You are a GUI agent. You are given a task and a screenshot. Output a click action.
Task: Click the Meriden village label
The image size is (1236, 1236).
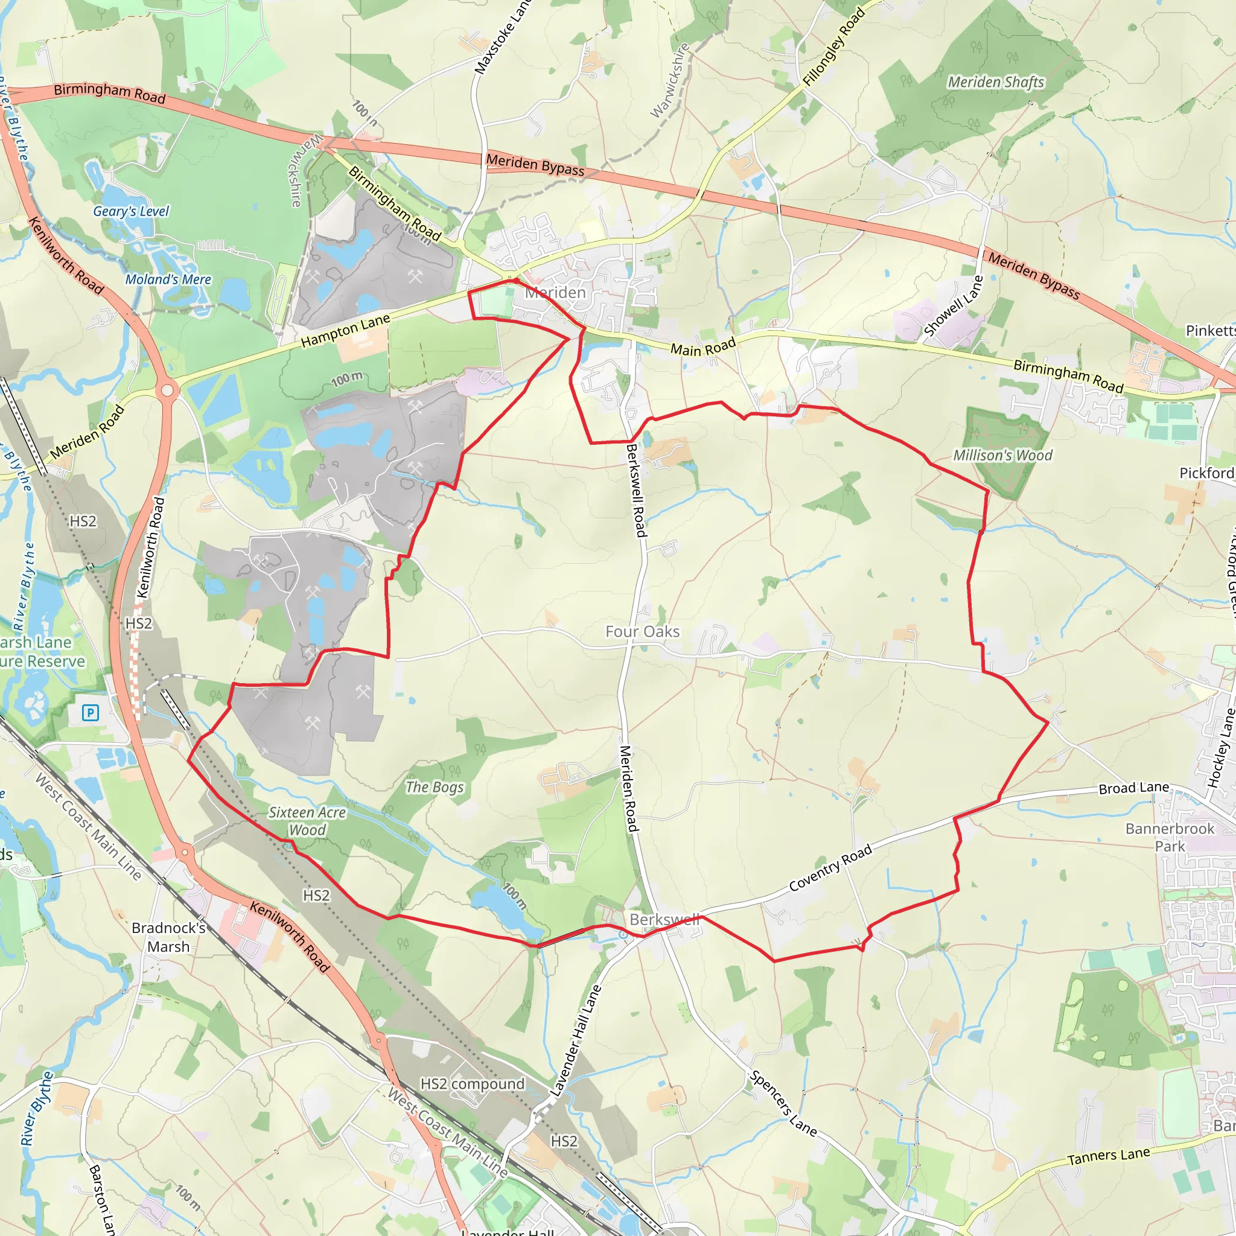click(555, 293)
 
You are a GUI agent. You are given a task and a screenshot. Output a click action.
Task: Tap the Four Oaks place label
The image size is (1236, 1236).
click(642, 631)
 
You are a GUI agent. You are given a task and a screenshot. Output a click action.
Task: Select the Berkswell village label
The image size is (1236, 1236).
click(664, 919)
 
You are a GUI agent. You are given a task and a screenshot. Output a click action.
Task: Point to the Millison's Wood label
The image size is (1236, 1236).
click(1002, 456)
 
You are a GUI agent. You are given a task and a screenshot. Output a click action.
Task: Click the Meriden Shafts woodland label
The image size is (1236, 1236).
click(995, 83)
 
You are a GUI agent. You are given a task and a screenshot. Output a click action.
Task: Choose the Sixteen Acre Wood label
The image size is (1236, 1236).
click(307, 821)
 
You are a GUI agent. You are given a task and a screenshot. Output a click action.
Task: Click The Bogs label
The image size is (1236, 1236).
click(435, 787)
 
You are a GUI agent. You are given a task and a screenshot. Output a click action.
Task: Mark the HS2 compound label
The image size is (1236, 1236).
click(472, 1084)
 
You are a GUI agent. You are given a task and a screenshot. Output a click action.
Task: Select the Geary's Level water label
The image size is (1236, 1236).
click(131, 211)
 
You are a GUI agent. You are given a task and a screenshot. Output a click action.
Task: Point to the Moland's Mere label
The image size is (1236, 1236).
click(168, 279)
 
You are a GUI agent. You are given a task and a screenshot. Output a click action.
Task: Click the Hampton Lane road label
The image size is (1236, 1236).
click(345, 331)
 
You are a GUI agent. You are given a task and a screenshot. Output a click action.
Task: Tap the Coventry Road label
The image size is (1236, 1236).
click(830, 867)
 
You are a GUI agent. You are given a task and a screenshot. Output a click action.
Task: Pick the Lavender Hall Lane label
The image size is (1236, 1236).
click(575, 1041)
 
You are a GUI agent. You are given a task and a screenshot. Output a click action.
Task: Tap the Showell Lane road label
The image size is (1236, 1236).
click(952, 307)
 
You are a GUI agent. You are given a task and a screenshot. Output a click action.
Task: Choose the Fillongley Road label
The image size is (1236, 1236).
click(834, 46)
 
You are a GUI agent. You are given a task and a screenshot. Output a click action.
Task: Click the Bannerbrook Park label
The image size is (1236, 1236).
click(1170, 837)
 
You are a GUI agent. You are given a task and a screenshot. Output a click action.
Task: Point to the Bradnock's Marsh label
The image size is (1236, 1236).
click(169, 937)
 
